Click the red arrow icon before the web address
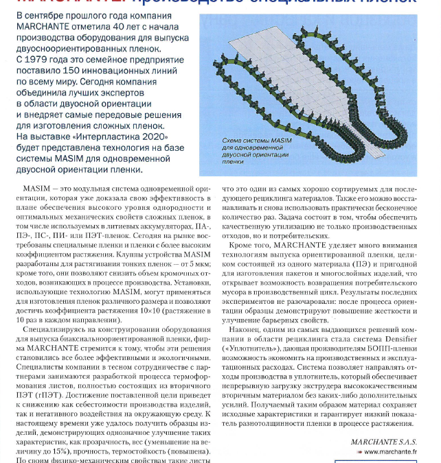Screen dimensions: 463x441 tap(361, 452)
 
